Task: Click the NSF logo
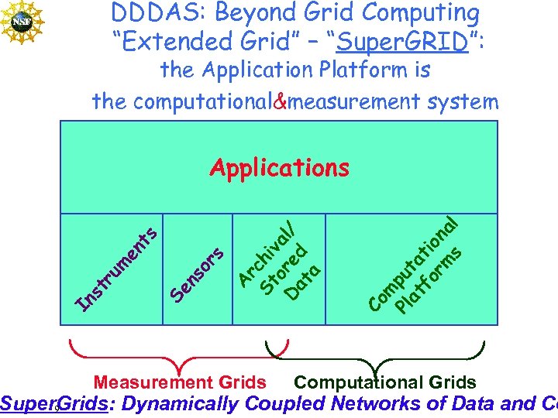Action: click(22, 21)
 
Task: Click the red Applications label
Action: click(280, 167)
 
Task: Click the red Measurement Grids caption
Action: click(180, 382)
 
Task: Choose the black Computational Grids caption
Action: click(385, 382)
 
